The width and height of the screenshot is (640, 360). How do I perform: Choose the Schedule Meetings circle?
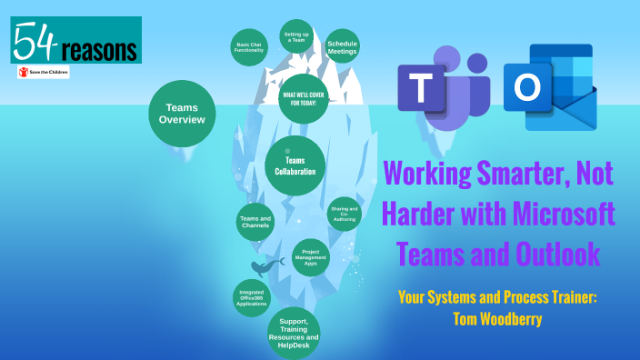342,47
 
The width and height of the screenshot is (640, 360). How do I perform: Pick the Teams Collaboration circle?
295,166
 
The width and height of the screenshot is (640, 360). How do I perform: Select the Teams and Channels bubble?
255,222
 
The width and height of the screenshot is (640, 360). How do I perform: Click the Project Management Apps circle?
310,257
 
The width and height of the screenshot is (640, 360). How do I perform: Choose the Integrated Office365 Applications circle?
252,297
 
